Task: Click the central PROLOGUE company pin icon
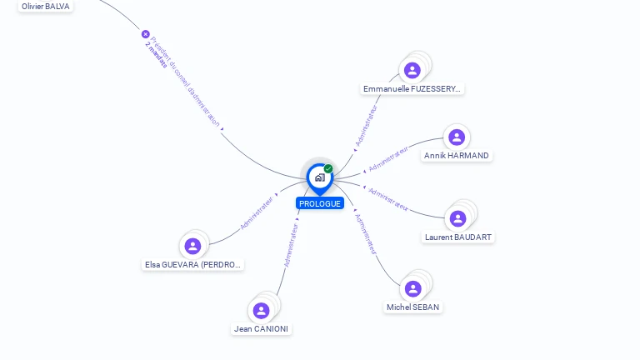coord(319,177)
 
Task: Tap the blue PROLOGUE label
coord(320,203)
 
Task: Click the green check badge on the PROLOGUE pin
coord(328,169)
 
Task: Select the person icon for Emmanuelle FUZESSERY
coord(412,70)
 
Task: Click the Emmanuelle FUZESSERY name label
coord(412,89)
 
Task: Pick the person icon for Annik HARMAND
coord(456,137)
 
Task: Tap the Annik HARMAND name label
coord(457,156)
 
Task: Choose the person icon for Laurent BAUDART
coord(457,218)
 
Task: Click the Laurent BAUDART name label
coord(458,237)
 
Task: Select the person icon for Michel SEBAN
coord(413,288)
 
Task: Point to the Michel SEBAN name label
coord(412,307)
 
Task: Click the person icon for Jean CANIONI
coord(262,310)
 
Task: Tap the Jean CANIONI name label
coord(262,329)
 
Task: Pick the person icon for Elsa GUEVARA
coord(192,246)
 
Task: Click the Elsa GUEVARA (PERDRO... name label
coord(193,265)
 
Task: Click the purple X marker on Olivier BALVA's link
coord(146,34)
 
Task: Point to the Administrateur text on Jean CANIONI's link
coord(291,244)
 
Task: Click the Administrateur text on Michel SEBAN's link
coord(365,232)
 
